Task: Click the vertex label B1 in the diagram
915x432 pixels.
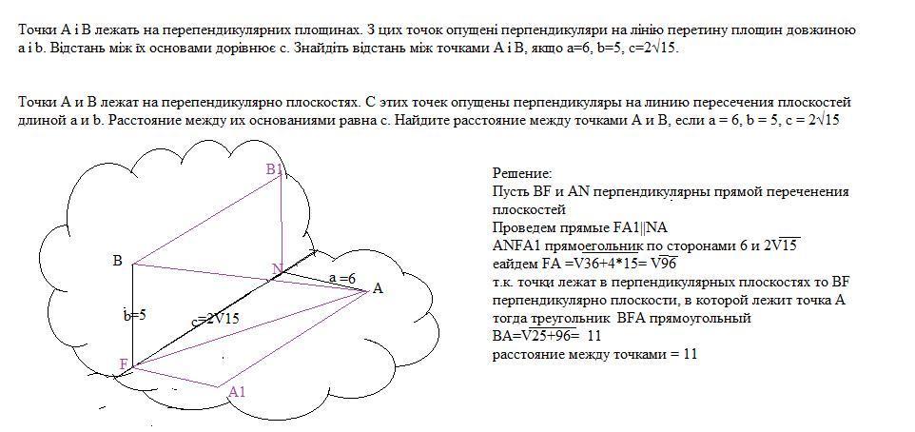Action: (x=275, y=169)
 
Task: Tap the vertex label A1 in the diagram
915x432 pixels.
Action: (x=237, y=392)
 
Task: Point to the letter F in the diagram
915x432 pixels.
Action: (x=124, y=364)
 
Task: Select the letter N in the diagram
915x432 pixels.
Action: (x=278, y=270)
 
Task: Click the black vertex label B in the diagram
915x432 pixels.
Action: (x=117, y=261)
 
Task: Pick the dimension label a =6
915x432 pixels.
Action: (x=342, y=278)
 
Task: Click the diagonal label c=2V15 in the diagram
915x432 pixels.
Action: (x=214, y=320)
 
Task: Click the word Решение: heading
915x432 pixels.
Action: (x=521, y=173)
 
